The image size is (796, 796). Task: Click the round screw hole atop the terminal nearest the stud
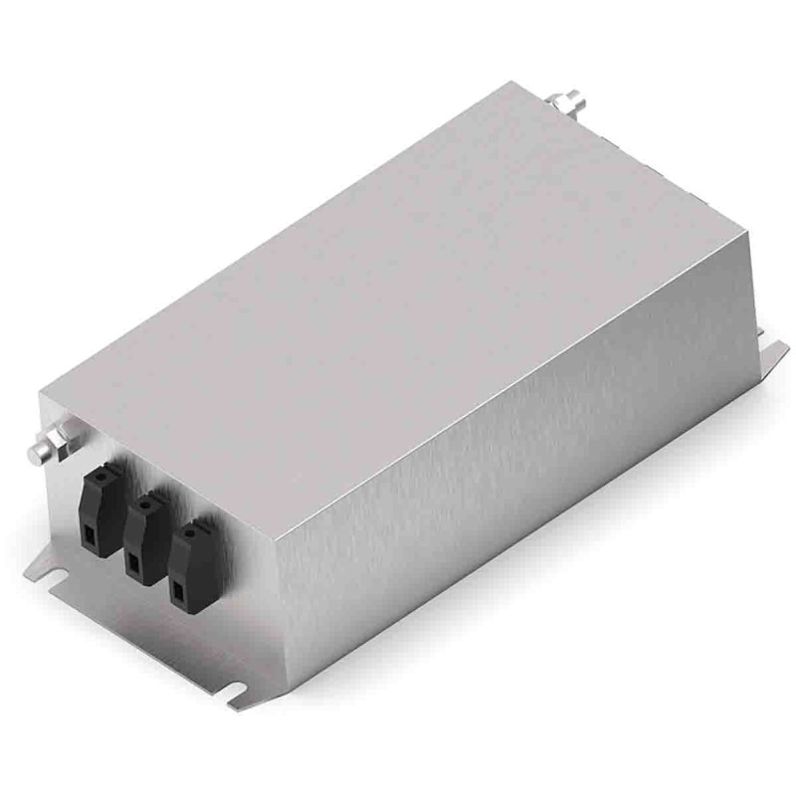100,474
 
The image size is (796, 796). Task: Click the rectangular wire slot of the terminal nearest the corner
179,596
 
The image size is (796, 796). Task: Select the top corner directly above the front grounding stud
40,392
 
